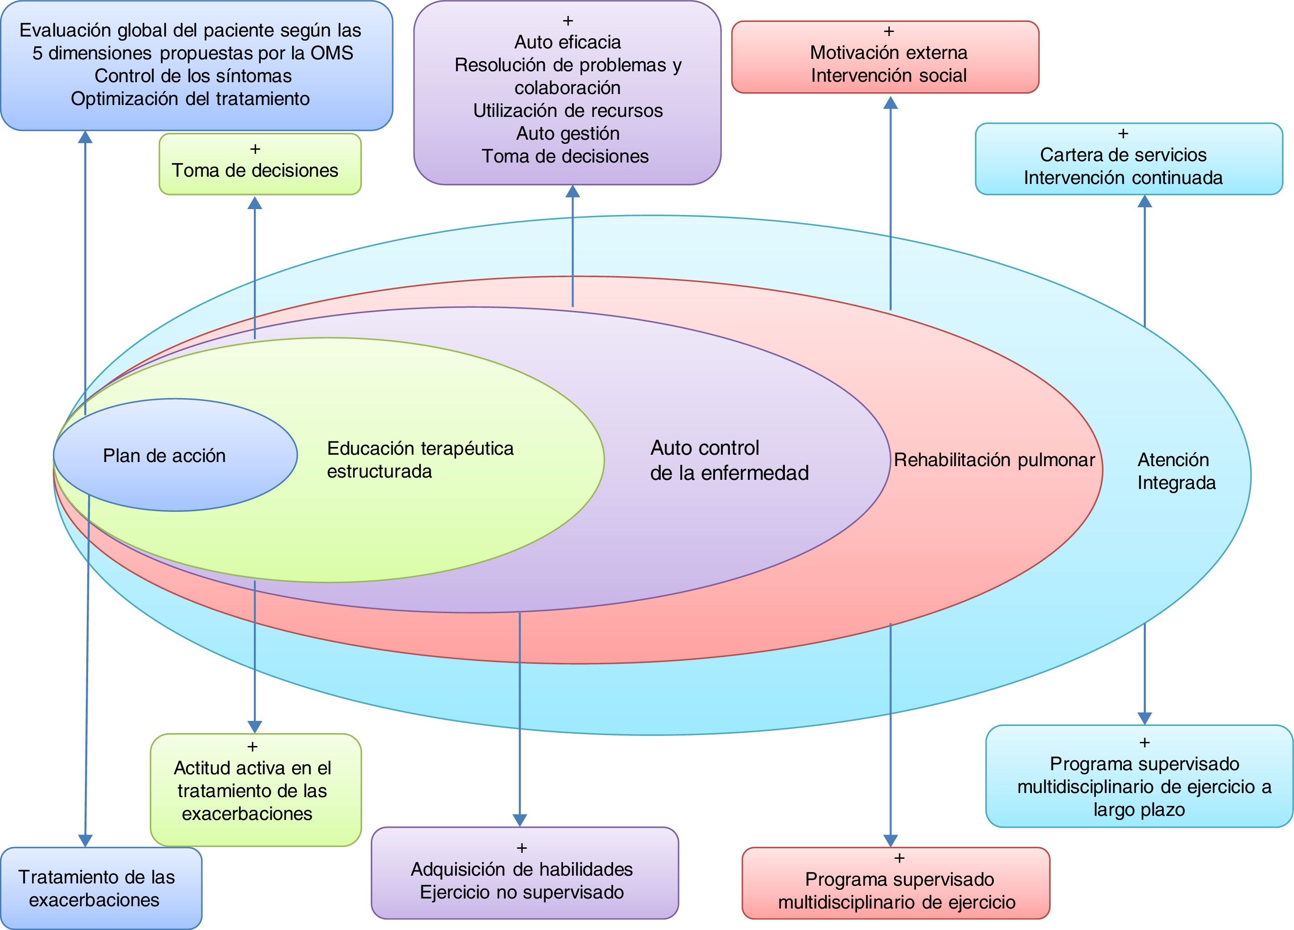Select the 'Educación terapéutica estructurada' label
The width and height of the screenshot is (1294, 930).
tap(421, 460)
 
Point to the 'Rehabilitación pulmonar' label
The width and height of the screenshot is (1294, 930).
tap(994, 460)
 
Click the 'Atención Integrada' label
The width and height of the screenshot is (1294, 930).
tap(1177, 471)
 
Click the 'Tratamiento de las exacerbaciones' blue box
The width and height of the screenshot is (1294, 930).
tap(101, 888)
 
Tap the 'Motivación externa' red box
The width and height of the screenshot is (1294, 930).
tap(885, 57)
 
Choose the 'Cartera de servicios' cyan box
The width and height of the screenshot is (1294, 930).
tap(1129, 158)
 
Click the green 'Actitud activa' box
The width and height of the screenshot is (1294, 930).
tap(256, 790)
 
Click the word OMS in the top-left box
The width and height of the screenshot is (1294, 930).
tap(332, 53)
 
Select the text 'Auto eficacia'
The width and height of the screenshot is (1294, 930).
tap(568, 42)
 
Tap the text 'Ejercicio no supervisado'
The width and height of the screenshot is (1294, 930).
tap(522, 893)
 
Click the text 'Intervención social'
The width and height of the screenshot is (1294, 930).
tap(889, 75)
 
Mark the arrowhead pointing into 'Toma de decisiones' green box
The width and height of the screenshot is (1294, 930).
tap(255, 203)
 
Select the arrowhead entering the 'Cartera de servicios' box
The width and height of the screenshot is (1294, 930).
tap(1145, 201)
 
